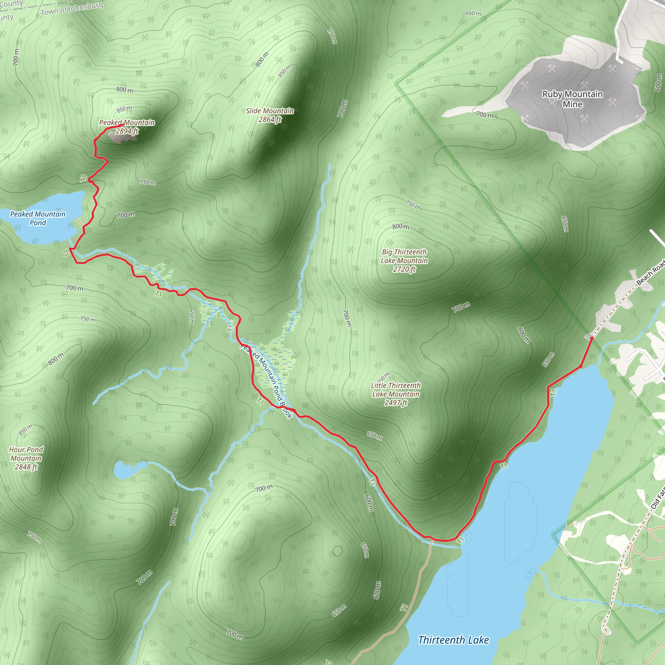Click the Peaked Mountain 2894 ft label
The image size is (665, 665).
click(x=127, y=127)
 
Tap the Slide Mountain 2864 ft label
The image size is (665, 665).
click(x=270, y=115)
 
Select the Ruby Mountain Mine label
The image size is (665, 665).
click(x=572, y=99)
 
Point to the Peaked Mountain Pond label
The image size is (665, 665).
click(x=38, y=218)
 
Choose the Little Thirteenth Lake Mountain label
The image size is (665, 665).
click(x=396, y=394)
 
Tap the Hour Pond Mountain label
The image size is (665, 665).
click(x=26, y=458)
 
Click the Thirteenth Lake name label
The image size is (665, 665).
click(x=453, y=640)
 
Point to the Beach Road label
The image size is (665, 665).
click(x=650, y=273)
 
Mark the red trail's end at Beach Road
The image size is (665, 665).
click(x=592, y=338)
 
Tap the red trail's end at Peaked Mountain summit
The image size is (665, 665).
click(x=124, y=124)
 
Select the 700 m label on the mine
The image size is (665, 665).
click(x=485, y=115)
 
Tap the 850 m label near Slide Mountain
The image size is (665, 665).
click(x=285, y=71)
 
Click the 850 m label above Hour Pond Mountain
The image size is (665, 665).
click(x=25, y=430)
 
